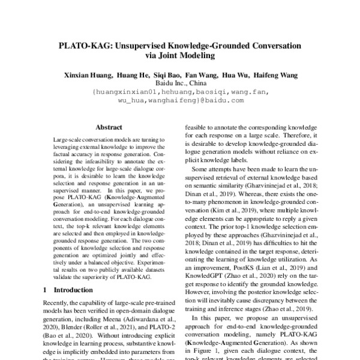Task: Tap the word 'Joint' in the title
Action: click(x=167, y=56)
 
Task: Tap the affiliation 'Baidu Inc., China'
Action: click(x=179, y=84)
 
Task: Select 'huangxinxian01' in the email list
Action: click(x=124, y=92)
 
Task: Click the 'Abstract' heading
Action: click(x=109, y=127)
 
